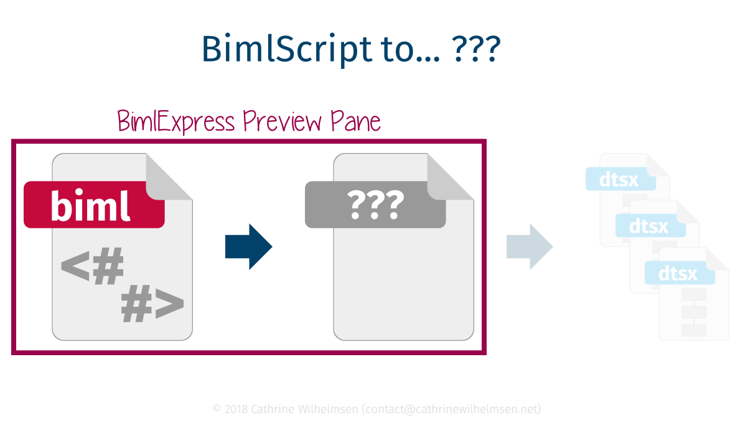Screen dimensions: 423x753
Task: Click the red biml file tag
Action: pos(93,205)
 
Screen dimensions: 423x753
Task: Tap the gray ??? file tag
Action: pos(375,205)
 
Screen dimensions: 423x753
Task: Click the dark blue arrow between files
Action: pos(248,247)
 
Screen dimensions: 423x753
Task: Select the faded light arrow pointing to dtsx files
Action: pos(530,247)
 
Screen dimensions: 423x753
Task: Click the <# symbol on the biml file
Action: pos(92,268)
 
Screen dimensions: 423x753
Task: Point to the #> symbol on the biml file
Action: pos(152,305)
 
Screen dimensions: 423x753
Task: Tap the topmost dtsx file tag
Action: pos(620,179)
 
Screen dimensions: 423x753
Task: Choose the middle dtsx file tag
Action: pos(650,226)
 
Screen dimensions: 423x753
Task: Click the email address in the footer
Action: pos(452,409)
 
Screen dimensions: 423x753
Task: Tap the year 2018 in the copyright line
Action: pos(236,409)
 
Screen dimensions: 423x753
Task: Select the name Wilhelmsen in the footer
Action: pos(328,409)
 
